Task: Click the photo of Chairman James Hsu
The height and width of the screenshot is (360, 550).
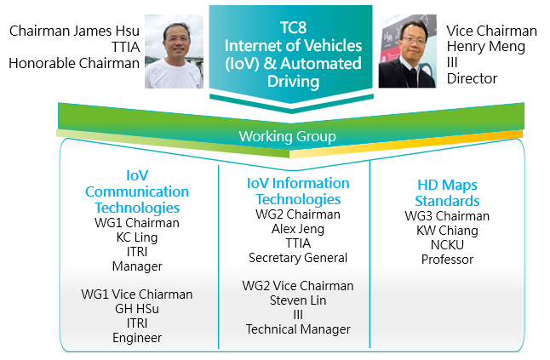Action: pyautogui.click(x=174, y=51)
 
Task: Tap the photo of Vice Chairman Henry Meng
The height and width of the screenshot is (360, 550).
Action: pyautogui.click(x=408, y=51)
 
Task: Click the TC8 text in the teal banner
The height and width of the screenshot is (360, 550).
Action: pyautogui.click(x=293, y=27)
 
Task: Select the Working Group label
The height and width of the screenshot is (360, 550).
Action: pyautogui.click(x=287, y=136)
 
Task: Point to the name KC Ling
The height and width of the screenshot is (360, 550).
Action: pyautogui.click(x=137, y=237)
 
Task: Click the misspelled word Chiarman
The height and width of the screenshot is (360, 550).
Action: pyautogui.click(x=167, y=294)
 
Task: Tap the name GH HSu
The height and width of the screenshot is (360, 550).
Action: pyautogui.click(x=137, y=308)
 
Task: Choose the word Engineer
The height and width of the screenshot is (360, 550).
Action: pyautogui.click(x=137, y=338)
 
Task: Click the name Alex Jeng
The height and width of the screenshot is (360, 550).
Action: pyautogui.click(x=298, y=229)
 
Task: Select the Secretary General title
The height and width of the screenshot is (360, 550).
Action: pyautogui.click(x=298, y=258)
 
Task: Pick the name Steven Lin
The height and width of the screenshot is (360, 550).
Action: pyautogui.click(x=298, y=300)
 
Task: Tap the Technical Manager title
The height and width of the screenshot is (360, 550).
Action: pyautogui.click(x=298, y=329)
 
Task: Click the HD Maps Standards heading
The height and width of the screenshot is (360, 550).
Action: pyautogui.click(x=447, y=193)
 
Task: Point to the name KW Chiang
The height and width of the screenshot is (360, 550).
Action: pyautogui.click(x=447, y=231)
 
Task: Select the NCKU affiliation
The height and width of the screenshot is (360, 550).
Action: pyautogui.click(x=447, y=244)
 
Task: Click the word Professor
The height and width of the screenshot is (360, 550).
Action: pyautogui.click(x=447, y=260)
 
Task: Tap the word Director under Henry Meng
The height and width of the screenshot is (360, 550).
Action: pyautogui.click(x=473, y=78)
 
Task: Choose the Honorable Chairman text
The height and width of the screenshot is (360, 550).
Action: pyautogui.click(x=74, y=63)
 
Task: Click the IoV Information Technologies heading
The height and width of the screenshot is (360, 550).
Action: pyautogui.click(x=298, y=191)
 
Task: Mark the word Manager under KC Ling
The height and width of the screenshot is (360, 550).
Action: pyautogui.click(x=137, y=266)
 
